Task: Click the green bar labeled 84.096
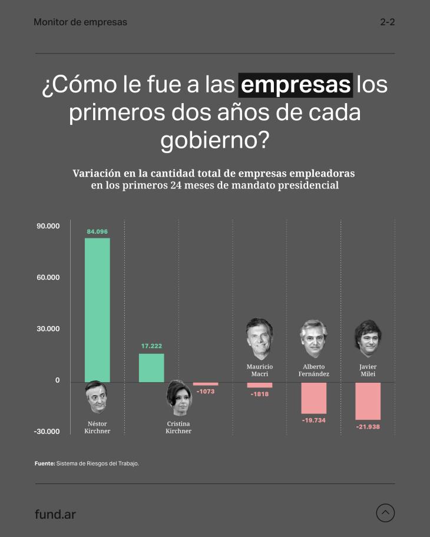tap(97, 310)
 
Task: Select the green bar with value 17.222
tap(151, 367)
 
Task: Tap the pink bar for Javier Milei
tap(368, 401)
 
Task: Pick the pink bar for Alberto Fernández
tap(313, 398)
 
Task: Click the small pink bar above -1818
tap(260, 385)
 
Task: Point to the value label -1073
tap(206, 392)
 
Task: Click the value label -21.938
tap(368, 426)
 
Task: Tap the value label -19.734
tap(313, 420)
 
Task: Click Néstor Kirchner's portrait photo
tap(97, 398)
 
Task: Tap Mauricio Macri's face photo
tap(259, 340)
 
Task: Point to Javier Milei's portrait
tap(368, 339)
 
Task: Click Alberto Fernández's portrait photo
tap(313, 339)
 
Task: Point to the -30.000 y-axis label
tap(47, 432)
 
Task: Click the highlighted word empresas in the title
tap(295, 85)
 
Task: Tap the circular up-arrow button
tap(385, 513)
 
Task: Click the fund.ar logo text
tap(55, 514)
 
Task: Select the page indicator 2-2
tap(387, 22)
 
